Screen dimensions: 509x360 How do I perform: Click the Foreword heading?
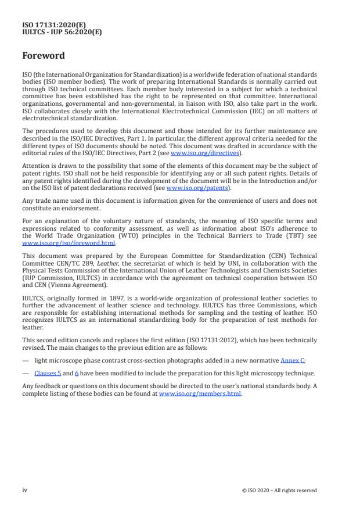point(44,56)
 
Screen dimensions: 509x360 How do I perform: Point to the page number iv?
point(25,490)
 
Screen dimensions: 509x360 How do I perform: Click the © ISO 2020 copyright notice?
point(279,490)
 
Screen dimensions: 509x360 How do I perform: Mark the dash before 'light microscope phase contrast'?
point(25,360)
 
